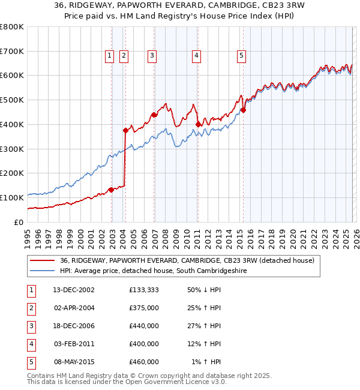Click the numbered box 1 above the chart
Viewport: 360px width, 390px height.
click(x=110, y=56)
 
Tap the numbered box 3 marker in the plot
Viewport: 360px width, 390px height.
click(x=152, y=56)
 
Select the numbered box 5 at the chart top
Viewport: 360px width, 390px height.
click(x=241, y=56)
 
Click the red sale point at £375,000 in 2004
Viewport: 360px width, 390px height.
click(x=125, y=130)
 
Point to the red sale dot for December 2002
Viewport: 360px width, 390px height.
click(x=112, y=190)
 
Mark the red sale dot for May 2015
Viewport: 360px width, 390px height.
click(x=244, y=110)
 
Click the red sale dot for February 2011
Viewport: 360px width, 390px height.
click(x=198, y=124)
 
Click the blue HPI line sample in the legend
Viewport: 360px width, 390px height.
click(x=43, y=271)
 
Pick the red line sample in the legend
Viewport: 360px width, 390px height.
click(x=43, y=260)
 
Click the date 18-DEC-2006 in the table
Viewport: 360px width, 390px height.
click(x=74, y=326)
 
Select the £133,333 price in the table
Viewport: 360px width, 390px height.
click(x=144, y=290)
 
